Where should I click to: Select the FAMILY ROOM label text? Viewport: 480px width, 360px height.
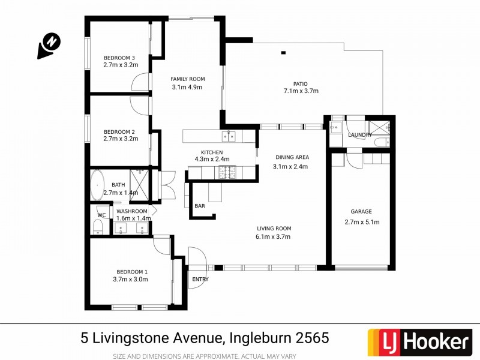pyautogui.click(x=187, y=79)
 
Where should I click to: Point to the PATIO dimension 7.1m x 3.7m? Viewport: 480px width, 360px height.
pyautogui.click(x=301, y=91)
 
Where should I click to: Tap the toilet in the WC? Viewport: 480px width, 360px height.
pyautogui.click(x=98, y=227)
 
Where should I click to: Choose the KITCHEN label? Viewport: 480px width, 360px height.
pyautogui.click(x=212, y=152)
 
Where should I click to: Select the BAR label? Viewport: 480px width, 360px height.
pyautogui.click(x=200, y=206)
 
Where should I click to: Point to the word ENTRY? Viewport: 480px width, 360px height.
pyautogui.click(x=200, y=280)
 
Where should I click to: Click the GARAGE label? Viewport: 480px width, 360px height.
pyautogui.click(x=361, y=211)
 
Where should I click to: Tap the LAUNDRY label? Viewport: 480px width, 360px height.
pyautogui.click(x=360, y=135)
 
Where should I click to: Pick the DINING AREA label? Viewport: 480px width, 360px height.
pyautogui.click(x=290, y=157)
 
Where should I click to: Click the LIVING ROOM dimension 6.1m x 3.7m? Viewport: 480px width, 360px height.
pyautogui.click(x=273, y=236)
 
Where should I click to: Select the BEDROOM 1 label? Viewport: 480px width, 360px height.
pyautogui.click(x=130, y=271)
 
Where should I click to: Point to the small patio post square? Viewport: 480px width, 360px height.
pyautogui.click(x=283, y=53)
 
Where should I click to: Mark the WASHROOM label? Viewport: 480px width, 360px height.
pyautogui.click(x=132, y=211)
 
